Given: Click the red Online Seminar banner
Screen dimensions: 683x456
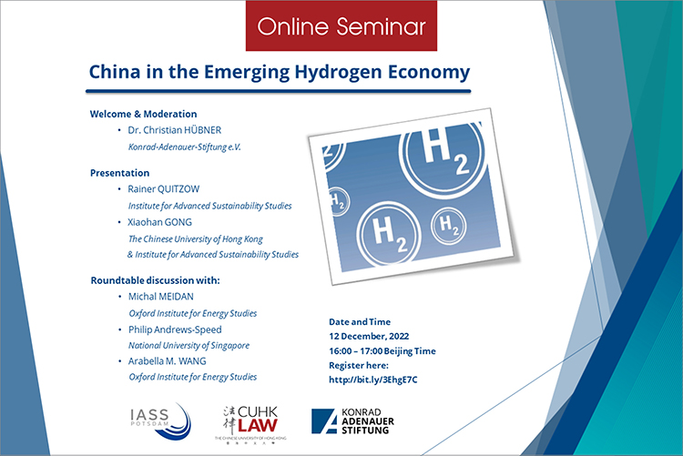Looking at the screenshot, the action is pyautogui.click(x=341, y=25).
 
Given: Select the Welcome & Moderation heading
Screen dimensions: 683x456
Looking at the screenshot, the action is pyautogui.click(x=143, y=114).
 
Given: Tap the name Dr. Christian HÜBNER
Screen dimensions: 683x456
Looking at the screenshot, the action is pyautogui.click(x=174, y=130).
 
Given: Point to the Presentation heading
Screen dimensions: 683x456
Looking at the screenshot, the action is pyautogui.click(x=120, y=173).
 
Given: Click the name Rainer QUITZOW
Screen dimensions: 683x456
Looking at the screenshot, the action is pyautogui.click(x=163, y=189).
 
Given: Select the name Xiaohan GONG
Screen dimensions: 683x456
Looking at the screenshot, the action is pyautogui.click(x=159, y=222).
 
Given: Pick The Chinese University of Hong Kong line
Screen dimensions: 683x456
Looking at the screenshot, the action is pyautogui.click(x=196, y=239).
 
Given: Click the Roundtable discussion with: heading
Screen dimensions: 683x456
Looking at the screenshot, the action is pyautogui.click(x=155, y=280).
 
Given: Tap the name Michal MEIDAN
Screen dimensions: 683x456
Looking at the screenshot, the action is pyautogui.click(x=160, y=297).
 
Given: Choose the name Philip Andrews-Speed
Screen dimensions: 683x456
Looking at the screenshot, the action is pyautogui.click(x=175, y=329).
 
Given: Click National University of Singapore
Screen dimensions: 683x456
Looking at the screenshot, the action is pyautogui.click(x=189, y=345).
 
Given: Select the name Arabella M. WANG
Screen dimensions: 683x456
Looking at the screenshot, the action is pyautogui.click(x=168, y=361).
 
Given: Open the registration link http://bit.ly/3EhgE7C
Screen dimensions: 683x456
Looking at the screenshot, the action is pyautogui.click(x=372, y=380).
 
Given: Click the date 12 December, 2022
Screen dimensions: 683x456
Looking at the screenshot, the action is pyautogui.click(x=369, y=336).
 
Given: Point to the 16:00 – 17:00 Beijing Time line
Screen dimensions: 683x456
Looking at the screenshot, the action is pyautogui.click(x=382, y=351).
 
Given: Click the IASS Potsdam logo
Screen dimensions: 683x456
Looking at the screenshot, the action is pyautogui.click(x=160, y=421).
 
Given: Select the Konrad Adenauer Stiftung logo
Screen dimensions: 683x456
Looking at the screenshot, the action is pyautogui.click(x=352, y=421).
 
